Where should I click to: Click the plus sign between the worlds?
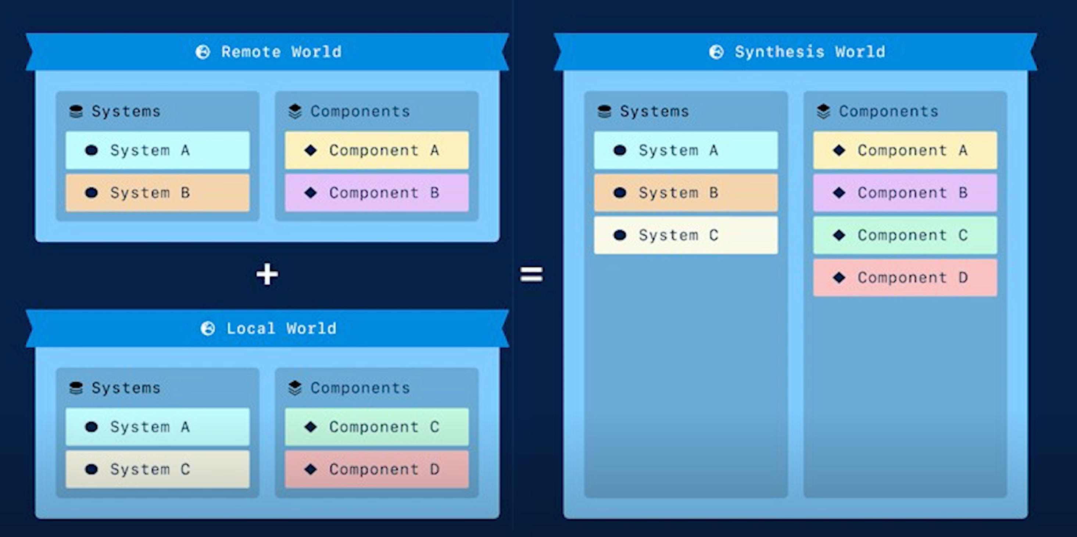[267, 274]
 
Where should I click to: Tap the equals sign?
[531, 274]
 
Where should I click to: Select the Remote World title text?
[281, 52]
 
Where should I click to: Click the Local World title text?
[281, 328]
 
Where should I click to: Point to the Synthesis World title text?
[809, 52]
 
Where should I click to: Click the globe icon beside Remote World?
[203, 52]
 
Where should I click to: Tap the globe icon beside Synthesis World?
[716, 52]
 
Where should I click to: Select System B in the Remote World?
[158, 192]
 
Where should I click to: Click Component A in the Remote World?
[377, 150]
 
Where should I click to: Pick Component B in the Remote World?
[377, 192]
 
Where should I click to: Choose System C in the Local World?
[158, 469]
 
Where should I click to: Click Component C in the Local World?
[377, 427]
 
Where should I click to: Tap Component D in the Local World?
[377, 469]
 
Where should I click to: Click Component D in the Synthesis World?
[905, 277]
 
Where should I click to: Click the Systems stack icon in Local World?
[76, 388]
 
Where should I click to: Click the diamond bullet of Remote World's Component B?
[311, 192]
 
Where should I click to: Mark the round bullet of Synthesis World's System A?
[620, 150]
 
